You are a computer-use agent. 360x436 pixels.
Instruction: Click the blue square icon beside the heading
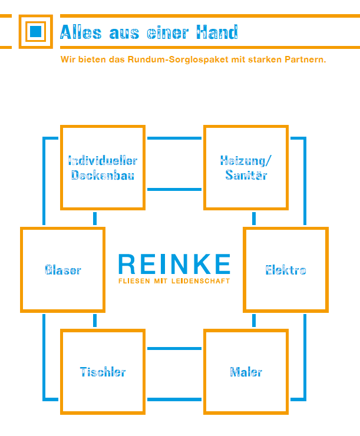[36, 31]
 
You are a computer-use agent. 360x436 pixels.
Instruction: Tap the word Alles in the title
[81, 32]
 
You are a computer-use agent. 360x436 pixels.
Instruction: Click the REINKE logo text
[174, 265]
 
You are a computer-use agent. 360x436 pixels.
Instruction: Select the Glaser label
[62, 270]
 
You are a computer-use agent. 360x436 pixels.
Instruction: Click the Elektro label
[286, 270]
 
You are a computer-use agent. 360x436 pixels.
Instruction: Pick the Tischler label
[103, 372]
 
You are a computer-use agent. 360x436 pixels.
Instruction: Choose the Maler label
[246, 372]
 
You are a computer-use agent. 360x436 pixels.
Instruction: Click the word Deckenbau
[103, 176]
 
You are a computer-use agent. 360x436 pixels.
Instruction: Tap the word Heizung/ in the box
[246, 160]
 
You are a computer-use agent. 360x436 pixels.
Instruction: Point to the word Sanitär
[246, 176]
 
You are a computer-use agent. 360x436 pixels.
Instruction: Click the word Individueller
[103, 160]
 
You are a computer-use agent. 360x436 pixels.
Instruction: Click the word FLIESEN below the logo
[134, 281]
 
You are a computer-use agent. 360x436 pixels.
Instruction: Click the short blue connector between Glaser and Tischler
[94, 321]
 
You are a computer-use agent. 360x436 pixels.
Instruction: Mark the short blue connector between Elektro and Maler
[254, 321]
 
